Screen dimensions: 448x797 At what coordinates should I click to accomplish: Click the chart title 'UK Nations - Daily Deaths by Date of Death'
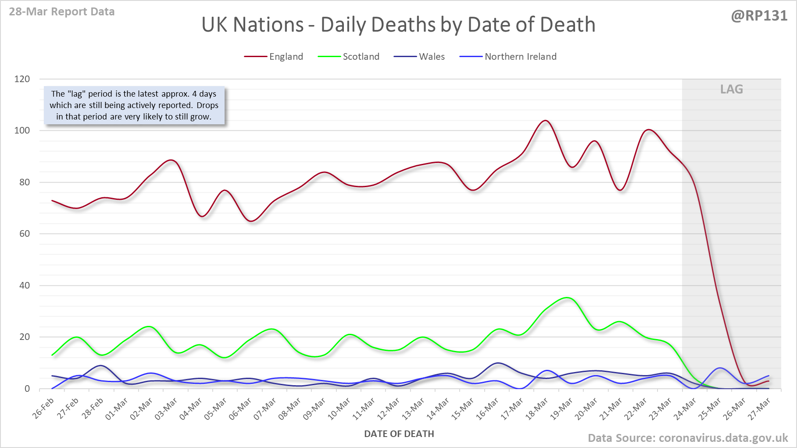(398, 25)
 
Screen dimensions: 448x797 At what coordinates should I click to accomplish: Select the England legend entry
(286, 57)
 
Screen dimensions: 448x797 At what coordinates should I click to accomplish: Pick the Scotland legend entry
(361, 57)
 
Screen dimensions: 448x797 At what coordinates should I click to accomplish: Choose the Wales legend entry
(432, 57)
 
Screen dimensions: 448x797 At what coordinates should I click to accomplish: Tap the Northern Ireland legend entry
(520, 57)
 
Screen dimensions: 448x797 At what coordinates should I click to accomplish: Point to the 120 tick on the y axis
(22, 79)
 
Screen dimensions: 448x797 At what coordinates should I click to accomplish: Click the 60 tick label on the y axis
(25, 234)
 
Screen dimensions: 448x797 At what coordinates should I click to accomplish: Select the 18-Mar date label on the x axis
(537, 408)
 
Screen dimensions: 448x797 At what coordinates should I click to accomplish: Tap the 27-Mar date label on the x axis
(760, 408)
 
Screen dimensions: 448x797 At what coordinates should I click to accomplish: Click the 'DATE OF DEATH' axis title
(399, 434)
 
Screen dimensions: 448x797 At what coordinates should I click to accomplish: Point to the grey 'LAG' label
(731, 89)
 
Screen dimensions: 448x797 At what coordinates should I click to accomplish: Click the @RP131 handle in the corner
(759, 16)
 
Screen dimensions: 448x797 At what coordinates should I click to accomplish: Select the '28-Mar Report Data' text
(62, 12)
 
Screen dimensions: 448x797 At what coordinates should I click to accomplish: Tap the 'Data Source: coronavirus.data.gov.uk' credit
(687, 438)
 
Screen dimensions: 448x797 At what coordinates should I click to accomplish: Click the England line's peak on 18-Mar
(545, 120)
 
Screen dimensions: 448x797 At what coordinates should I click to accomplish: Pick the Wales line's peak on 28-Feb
(101, 365)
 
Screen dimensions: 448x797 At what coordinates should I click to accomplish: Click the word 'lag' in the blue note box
(76, 94)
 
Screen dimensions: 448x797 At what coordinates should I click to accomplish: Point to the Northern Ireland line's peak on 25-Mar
(720, 368)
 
